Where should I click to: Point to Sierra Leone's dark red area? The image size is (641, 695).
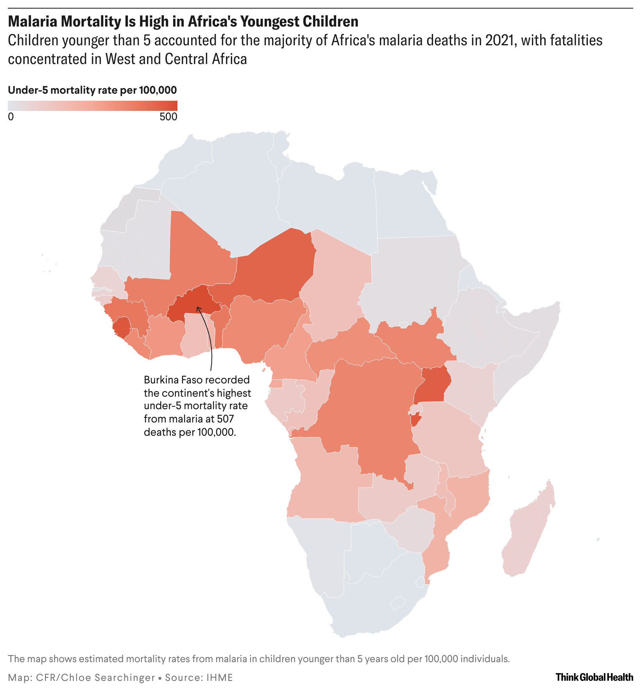click(x=121, y=327)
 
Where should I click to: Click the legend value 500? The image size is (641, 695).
click(x=168, y=117)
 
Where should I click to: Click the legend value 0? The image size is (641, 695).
click(x=11, y=117)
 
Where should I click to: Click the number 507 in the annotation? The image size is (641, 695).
click(x=226, y=419)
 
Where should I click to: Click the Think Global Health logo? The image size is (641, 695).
click(x=594, y=677)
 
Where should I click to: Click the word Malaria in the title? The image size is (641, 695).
click(x=33, y=21)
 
